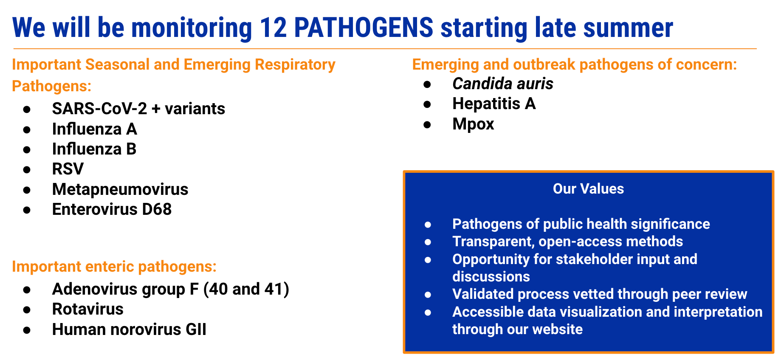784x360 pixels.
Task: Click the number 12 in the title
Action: [273, 28]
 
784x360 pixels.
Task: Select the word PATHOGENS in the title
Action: [364, 28]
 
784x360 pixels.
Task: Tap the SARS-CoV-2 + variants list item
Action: [138, 109]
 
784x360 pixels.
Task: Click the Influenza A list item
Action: [94, 129]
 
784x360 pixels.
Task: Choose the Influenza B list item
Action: [94, 149]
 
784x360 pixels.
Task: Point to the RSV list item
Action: [68, 169]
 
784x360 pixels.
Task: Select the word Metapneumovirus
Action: [120, 189]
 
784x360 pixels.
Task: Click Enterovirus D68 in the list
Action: [112, 209]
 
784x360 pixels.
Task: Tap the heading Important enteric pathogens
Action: [114, 267]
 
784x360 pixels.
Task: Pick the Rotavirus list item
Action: [87, 309]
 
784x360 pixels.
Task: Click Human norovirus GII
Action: [129, 329]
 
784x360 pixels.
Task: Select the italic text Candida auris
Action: [503, 84]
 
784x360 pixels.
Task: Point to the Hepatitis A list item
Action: [494, 104]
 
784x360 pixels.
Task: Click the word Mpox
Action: [473, 124]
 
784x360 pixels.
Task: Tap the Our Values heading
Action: [588, 189]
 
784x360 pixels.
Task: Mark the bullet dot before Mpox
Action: [427, 125]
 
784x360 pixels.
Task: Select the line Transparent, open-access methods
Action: [567, 242]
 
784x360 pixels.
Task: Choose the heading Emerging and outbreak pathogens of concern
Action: [575, 65]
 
